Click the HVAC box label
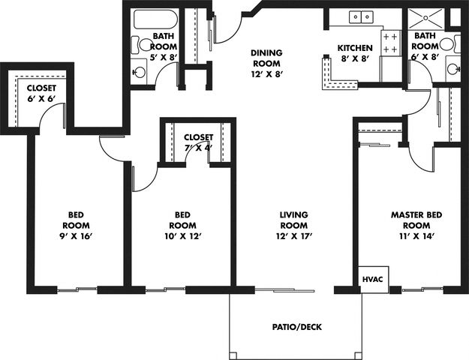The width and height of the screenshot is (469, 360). [x=372, y=280]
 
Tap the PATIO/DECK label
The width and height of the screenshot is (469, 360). [x=296, y=327]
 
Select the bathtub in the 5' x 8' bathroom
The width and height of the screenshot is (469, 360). [x=155, y=19]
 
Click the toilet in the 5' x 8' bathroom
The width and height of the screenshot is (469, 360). [x=142, y=45]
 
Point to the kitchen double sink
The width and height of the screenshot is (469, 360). [x=361, y=16]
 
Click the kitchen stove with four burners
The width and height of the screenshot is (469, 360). [x=391, y=43]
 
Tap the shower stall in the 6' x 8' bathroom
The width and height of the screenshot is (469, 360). [x=426, y=19]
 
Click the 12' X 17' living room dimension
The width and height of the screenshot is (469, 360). [x=294, y=236]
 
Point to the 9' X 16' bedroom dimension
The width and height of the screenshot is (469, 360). [x=75, y=236]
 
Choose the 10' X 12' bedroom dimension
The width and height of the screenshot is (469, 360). [x=182, y=236]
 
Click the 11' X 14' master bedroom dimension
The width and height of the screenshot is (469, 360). [x=416, y=236]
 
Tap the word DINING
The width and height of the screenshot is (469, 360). [x=266, y=53]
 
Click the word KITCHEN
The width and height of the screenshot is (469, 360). [x=355, y=48]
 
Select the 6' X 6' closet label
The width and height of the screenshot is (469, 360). [x=41, y=93]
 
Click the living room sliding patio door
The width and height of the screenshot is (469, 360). [x=284, y=289]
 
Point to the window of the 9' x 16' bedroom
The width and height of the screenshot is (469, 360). [x=77, y=289]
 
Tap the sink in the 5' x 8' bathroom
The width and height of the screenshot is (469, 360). [x=140, y=72]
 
